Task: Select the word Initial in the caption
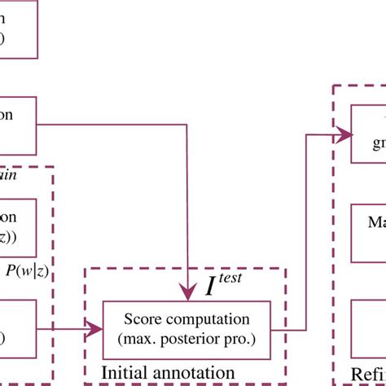tap(125, 371)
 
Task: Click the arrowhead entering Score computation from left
tap(97, 328)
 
